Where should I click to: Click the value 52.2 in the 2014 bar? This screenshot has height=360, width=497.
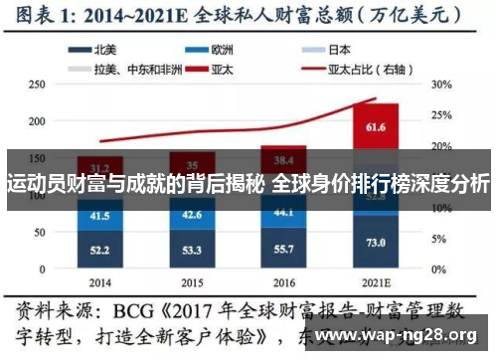click(x=100, y=250)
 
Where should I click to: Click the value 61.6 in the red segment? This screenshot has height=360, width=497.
click(x=375, y=127)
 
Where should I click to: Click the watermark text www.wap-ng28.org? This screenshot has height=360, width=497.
click(x=408, y=335)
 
